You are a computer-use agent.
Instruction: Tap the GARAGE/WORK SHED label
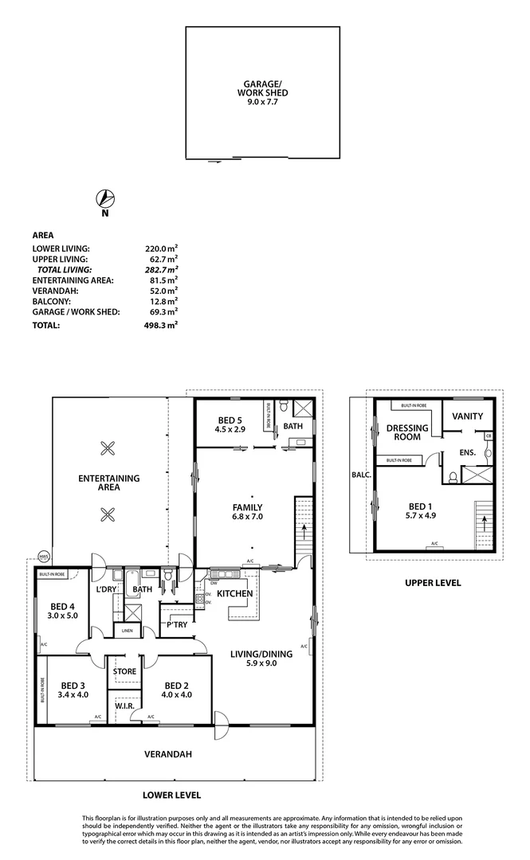(262, 88)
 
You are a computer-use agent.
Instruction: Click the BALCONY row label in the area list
(54, 302)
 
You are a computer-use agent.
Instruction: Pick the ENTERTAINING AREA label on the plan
(109, 483)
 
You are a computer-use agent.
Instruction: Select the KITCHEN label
(235, 593)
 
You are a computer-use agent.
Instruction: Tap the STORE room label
(124, 671)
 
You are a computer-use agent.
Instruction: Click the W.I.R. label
(124, 706)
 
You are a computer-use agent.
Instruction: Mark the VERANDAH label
(167, 753)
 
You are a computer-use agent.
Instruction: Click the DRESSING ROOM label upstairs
(407, 432)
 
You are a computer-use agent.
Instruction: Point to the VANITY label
(467, 416)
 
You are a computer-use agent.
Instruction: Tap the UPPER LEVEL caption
(433, 583)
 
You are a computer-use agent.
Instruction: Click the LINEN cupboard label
(128, 631)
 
